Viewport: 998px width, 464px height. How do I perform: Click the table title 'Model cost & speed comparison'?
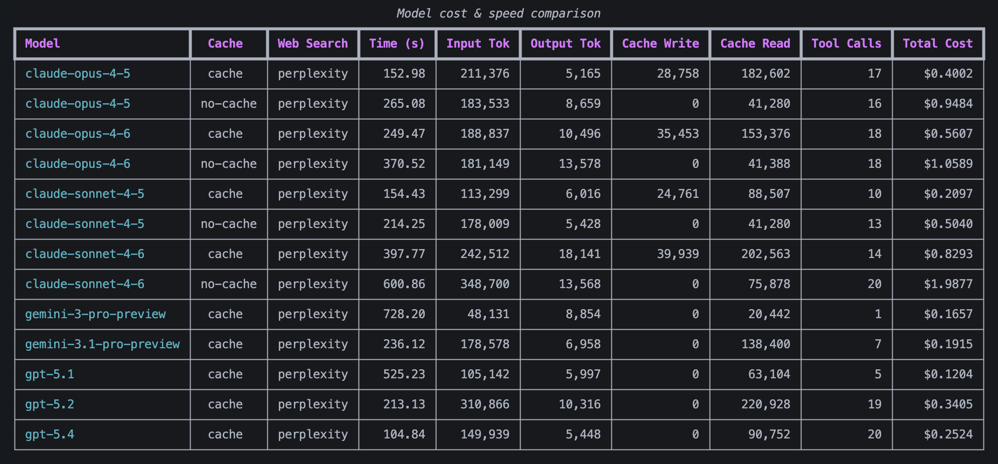(x=498, y=14)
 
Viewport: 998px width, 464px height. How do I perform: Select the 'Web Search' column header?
(x=312, y=44)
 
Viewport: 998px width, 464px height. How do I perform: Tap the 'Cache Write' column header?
(x=660, y=44)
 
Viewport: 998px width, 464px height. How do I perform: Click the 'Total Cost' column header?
(x=937, y=44)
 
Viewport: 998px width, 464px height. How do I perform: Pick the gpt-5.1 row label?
(x=50, y=374)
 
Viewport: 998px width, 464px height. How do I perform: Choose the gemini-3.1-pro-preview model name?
(x=102, y=344)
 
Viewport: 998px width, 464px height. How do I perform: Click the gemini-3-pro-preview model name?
(x=95, y=314)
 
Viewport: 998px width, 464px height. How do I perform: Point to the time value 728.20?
(x=404, y=314)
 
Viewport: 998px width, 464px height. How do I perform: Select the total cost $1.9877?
(x=948, y=284)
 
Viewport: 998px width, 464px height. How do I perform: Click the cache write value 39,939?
(x=678, y=254)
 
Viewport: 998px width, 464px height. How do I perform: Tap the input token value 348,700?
(x=484, y=284)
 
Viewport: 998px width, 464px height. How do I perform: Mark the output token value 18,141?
(x=579, y=254)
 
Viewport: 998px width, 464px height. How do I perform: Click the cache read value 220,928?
(x=765, y=404)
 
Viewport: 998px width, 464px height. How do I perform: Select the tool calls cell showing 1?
(x=878, y=314)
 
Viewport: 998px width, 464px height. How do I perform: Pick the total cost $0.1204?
(x=948, y=374)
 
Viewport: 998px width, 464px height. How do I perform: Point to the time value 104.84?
(x=404, y=434)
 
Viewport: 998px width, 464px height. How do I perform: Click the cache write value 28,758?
(x=678, y=74)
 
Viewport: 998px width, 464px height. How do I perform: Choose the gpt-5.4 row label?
(x=50, y=434)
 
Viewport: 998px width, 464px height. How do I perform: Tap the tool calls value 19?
(x=874, y=404)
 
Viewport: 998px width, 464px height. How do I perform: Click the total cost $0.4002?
(x=948, y=74)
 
